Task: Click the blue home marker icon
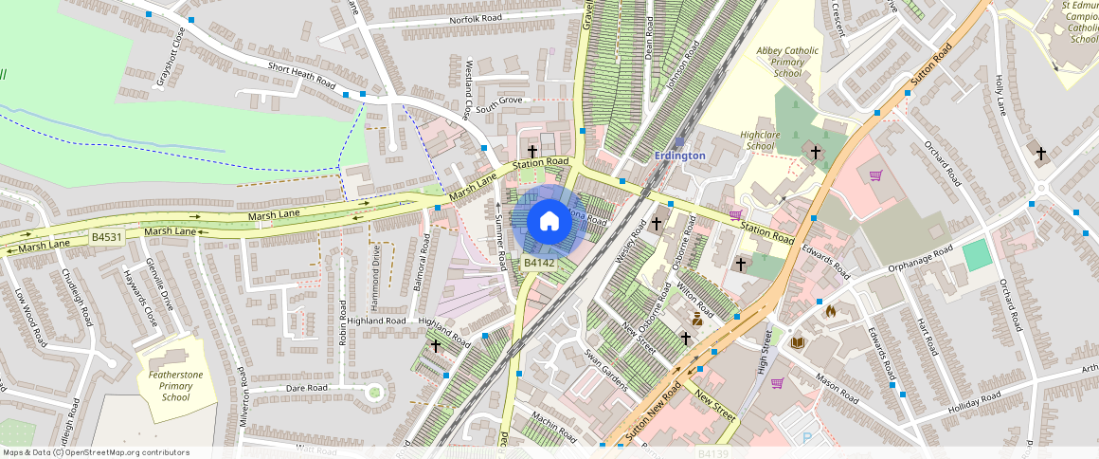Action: pos(549,222)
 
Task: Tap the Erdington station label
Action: pos(680,155)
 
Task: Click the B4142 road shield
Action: pos(538,262)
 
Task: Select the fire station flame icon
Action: pos(831,310)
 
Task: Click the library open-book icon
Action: pos(798,342)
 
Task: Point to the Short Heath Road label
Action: pos(301,75)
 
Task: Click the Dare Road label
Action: pos(307,388)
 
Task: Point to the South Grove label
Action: pos(499,101)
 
